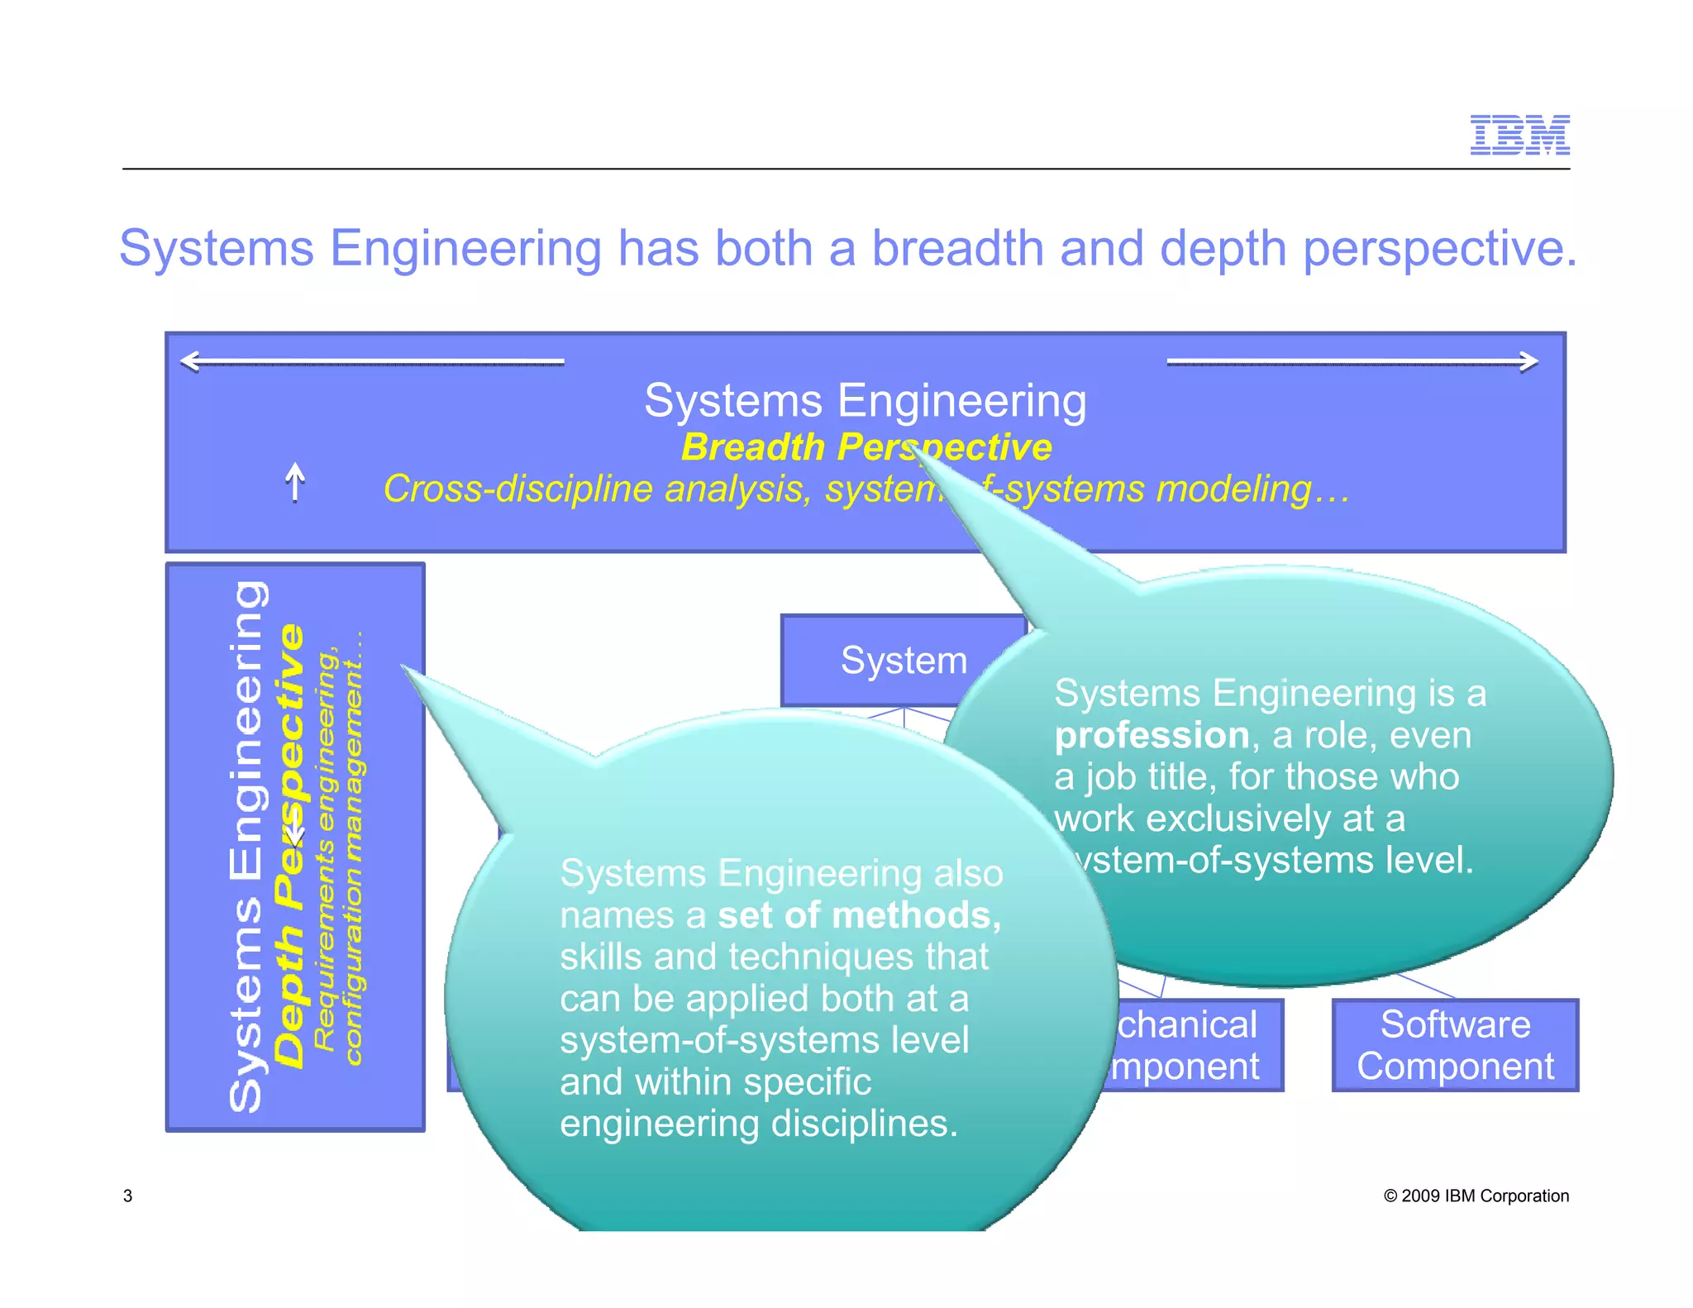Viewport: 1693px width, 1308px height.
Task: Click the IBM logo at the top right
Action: pyautogui.click(x=1519, y=135)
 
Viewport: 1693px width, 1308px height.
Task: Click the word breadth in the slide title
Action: pyautogui.click(x=958, y=248)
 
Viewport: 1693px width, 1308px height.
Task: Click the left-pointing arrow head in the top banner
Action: pyautogui.click(x=190, y=361)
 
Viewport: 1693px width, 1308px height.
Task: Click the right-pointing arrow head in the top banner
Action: pyautogui.click(x=1529, y=361)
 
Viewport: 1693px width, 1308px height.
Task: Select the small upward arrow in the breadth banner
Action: pyautogui.click(x=295, y=481)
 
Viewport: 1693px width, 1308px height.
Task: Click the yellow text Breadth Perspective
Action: pyautogui.click(x=866, y=447)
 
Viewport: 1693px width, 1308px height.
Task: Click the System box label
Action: pyautogui.click(x=904, y=661)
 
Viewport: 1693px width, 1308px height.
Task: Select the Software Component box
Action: pyautogui.click(x=1455, y=1045)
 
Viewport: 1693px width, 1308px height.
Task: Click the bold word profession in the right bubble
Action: pyautogui.click(x=1152, y=735)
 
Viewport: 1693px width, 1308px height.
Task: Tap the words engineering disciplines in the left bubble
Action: pyautogui.click(x=758, y=1124)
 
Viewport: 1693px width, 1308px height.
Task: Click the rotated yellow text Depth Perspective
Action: pyautogui.click(x=289, y=843)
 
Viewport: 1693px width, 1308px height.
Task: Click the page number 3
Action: pyautogui.click(x=127, y=1196)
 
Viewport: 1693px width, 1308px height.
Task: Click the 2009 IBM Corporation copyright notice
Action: pyautogui.click(x=1476, y=1196)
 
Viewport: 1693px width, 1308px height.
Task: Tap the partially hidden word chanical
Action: pyautogui.click(x=1186, y=1024)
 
